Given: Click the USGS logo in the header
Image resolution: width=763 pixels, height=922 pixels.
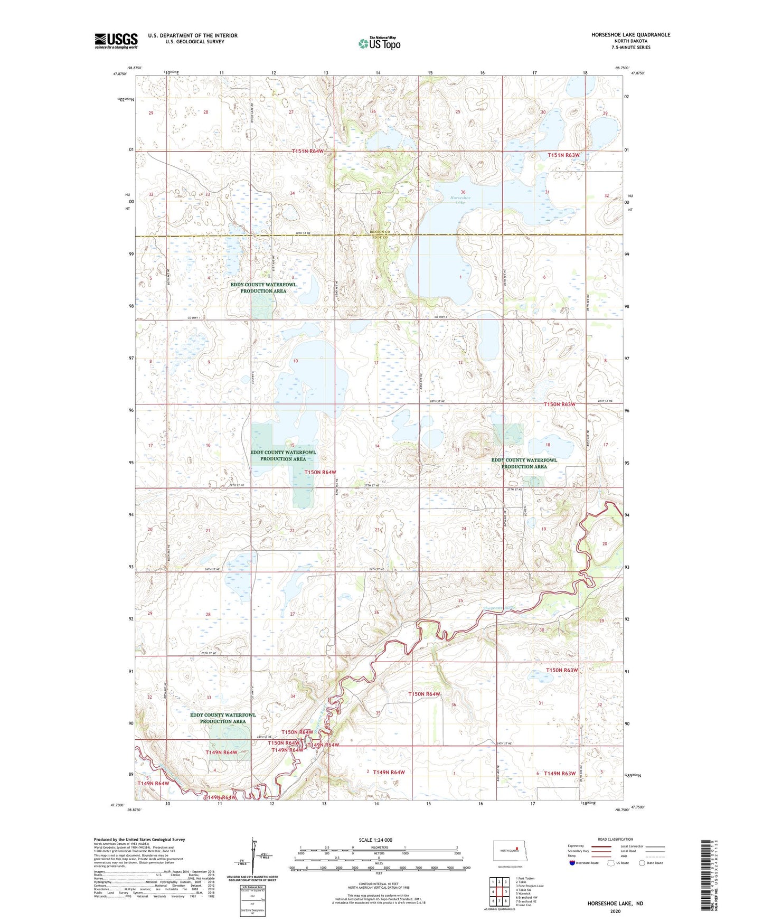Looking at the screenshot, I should click(116, 41).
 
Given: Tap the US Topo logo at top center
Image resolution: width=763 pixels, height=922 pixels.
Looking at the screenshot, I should click(379, 43).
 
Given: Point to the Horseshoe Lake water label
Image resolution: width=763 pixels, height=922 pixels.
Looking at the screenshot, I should click(460, 200).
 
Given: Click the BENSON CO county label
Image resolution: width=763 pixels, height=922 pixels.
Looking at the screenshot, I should click(380, 232).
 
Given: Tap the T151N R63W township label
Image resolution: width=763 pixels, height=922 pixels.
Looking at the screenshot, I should click(563, 155).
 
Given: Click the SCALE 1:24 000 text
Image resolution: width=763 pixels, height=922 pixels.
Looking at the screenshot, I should click(375, 840).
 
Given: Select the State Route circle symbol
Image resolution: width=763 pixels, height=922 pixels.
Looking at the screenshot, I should click(642, 863).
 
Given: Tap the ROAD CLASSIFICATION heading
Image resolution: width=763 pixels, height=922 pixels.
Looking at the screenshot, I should click(615, 839).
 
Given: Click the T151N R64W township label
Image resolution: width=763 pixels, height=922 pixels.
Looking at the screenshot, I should click(308, 152).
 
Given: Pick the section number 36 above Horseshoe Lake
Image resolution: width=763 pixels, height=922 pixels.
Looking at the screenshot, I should click(463, 192).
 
